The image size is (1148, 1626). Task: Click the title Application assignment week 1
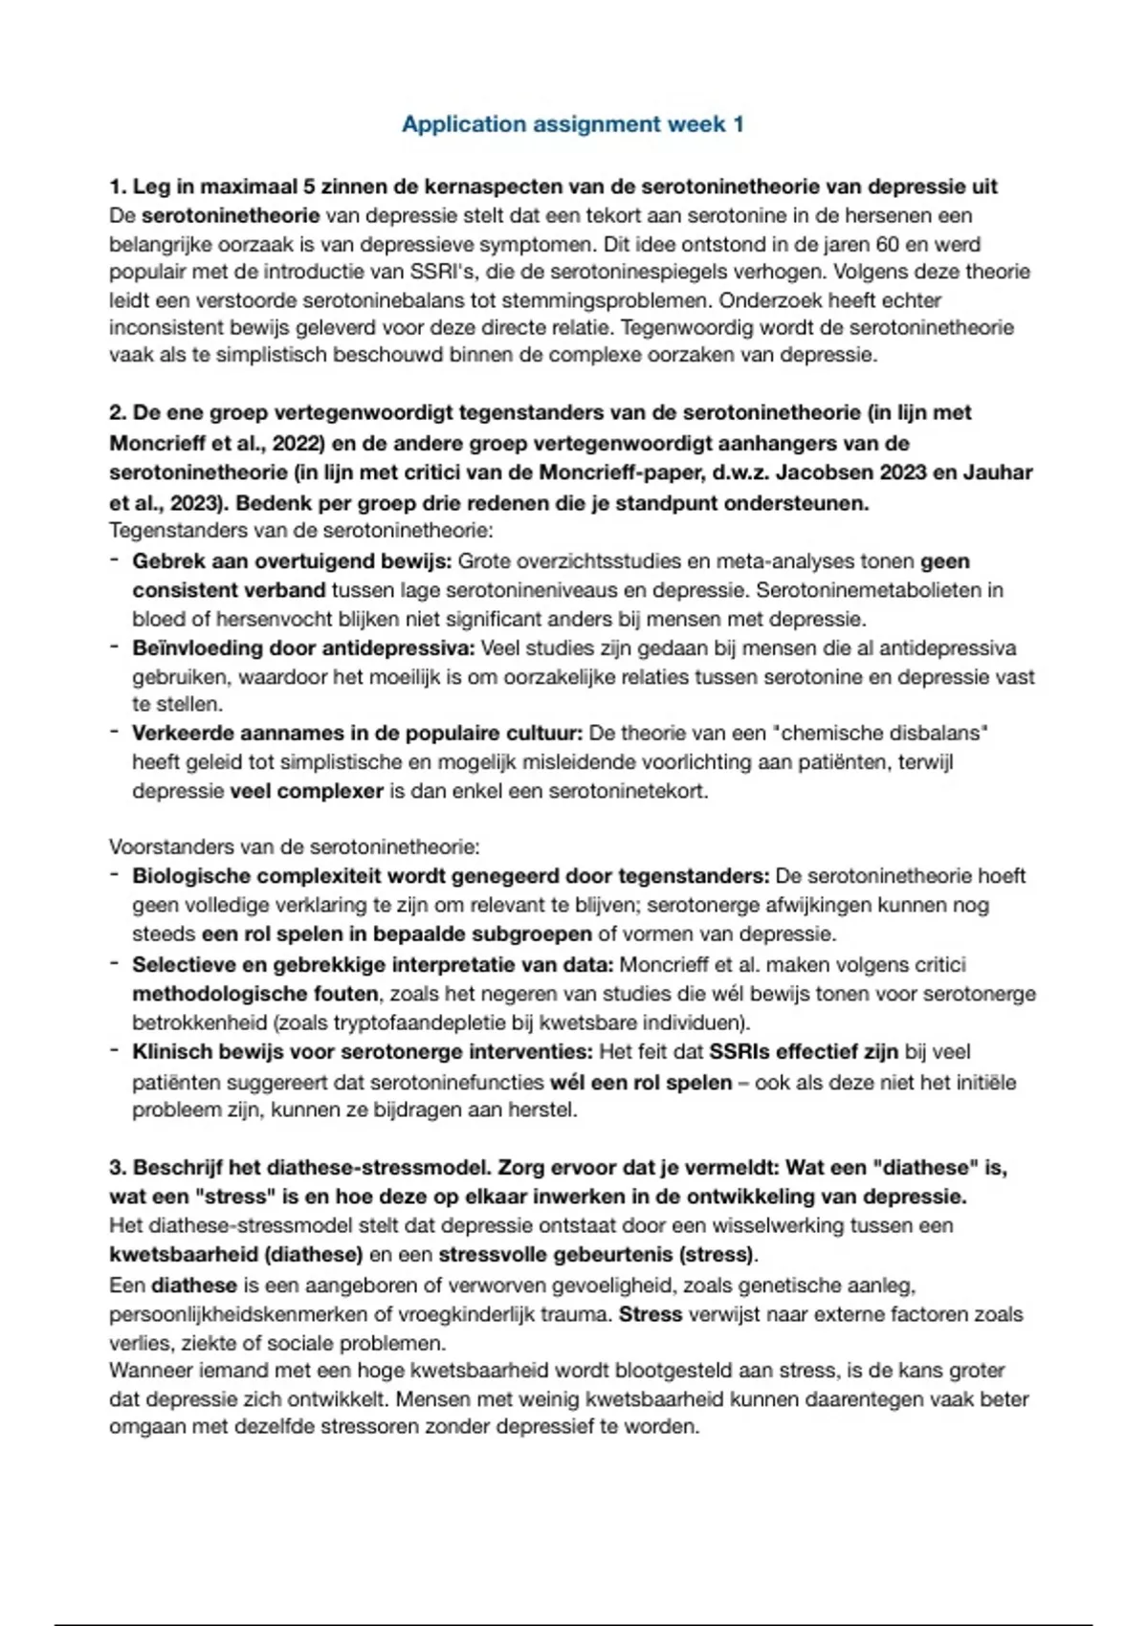click(x=572, y=124)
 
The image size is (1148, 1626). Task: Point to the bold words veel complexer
click(x=306, y=791)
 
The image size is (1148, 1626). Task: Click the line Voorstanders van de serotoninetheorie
click(x=295, y=846)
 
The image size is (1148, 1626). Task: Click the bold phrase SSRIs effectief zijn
click(x=803, y=1052)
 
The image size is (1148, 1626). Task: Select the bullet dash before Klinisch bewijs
click(x=114, y=1051)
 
